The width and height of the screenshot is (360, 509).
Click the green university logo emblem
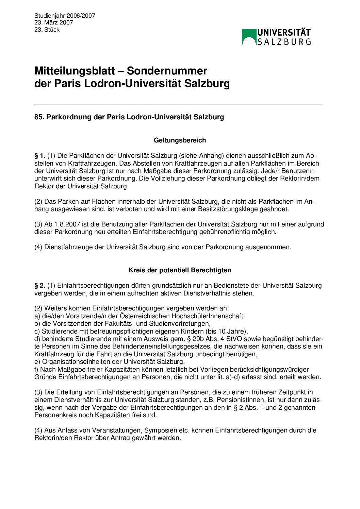click(249, 37)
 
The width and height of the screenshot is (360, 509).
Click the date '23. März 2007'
click(54, 22)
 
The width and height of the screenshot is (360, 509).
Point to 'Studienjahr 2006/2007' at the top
click(65, 16)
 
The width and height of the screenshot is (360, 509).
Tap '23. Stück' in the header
click(47, 30)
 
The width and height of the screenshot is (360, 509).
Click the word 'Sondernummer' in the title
click(167, 71)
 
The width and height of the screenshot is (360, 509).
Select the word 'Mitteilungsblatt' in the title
click(75, 71)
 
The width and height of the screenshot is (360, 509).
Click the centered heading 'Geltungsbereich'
click(180, 140)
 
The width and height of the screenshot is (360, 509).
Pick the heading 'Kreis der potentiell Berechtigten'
click(180, 270)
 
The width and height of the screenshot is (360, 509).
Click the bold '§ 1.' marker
click(40, 156)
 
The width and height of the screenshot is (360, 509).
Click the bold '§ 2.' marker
click(40, 286)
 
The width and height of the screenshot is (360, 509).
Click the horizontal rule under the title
click(178, 104)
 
